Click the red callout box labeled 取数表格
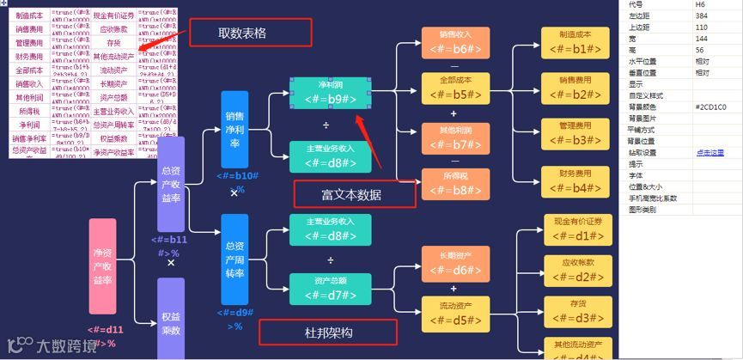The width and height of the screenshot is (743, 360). pos(242,34)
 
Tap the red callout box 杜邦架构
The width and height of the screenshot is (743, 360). pos(327,333)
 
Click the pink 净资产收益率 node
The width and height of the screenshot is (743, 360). pos(102,266)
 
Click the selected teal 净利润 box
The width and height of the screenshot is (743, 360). pos(331,93)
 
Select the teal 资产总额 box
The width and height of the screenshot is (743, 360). pos(331,289)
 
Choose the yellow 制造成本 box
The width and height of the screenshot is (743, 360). pos(575,43)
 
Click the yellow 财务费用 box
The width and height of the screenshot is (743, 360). pos(575,183)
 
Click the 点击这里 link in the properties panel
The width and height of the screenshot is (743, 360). pos(709,152)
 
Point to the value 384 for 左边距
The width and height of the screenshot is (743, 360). pos(702,16)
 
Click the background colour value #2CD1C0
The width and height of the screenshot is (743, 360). pos(710,107)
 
